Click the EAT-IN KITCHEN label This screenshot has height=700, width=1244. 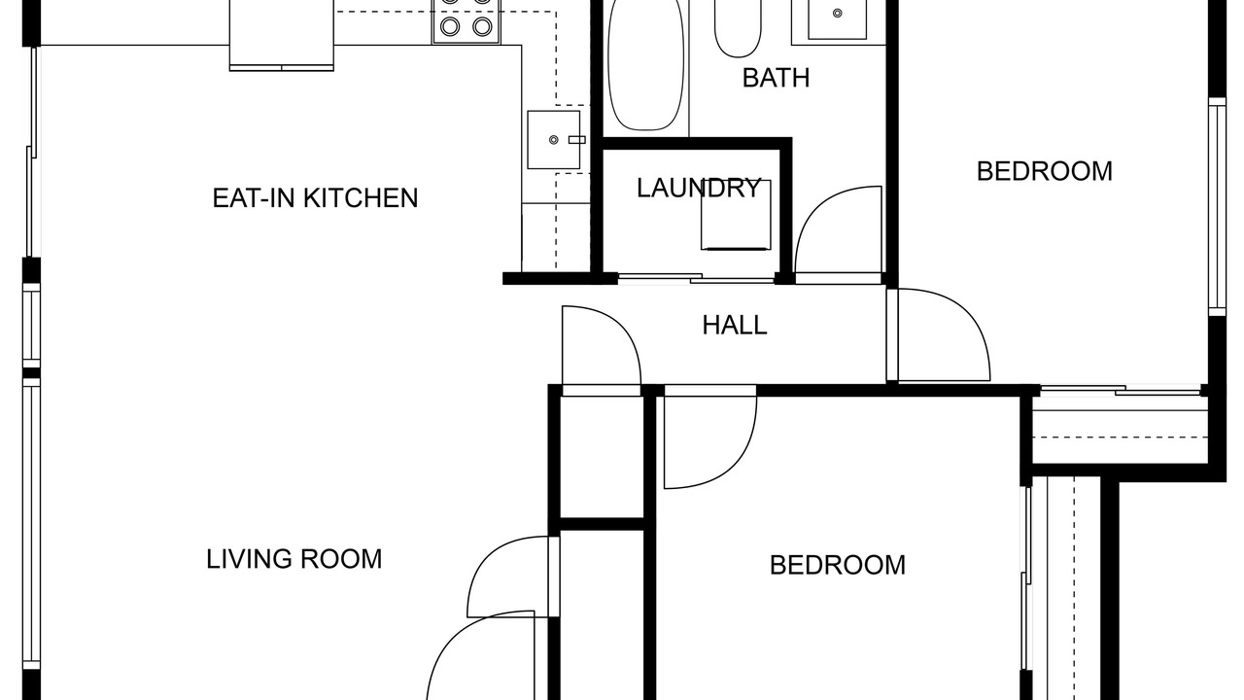315,198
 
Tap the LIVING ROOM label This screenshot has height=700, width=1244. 294,559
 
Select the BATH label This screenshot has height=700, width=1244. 776,78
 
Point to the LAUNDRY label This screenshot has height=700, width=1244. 698,188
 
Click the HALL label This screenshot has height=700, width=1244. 734,325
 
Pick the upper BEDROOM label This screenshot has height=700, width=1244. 1044,171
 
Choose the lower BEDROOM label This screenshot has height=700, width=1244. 838,565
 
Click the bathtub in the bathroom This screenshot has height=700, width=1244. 646,65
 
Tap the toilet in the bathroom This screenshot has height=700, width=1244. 738,28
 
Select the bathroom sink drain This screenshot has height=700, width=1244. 838,13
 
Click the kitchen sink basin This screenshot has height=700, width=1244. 554,139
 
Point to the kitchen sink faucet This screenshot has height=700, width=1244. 577,139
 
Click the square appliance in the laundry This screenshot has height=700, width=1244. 736,215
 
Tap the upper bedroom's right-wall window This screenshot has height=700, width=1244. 1218,207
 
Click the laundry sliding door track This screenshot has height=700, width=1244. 697,279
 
